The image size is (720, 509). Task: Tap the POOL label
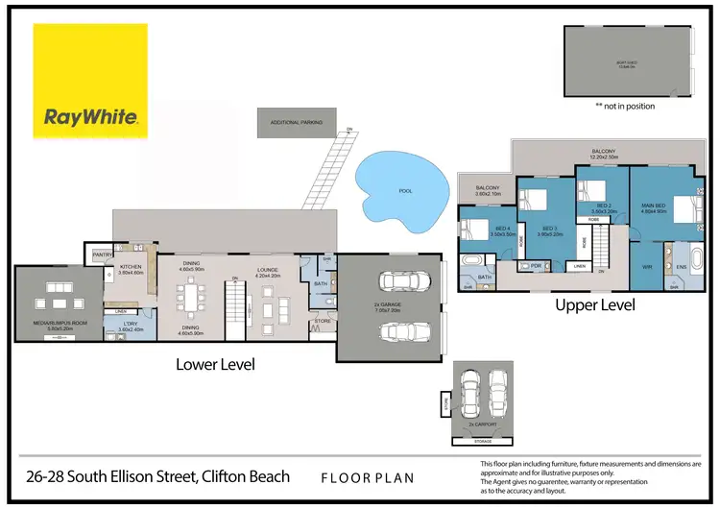click(x=405, y=191)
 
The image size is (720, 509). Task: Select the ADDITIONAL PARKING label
click(x=296, y=122)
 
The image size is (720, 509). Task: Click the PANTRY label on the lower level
click(x=100, y=254)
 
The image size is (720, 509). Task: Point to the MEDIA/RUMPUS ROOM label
click(x=60, y=324)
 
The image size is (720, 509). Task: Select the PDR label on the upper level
click(x=536, y=265)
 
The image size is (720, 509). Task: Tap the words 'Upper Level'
click(x=596, y=304)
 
